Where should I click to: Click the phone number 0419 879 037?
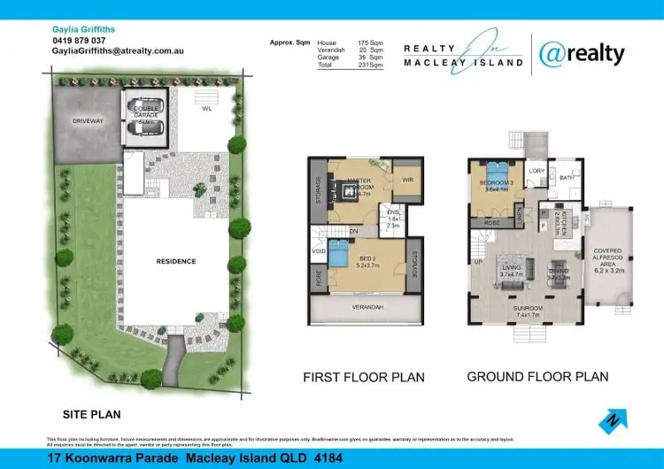(79, 41)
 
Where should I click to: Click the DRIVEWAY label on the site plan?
(88, 119)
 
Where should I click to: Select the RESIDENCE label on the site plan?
(176, 261)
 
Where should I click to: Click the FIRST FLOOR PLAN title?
(364, 377)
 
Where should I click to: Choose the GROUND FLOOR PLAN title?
(537, 376)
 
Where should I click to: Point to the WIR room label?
(407, 180)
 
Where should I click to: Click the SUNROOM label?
(529, 309)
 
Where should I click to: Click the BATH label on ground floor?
(567, 178)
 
